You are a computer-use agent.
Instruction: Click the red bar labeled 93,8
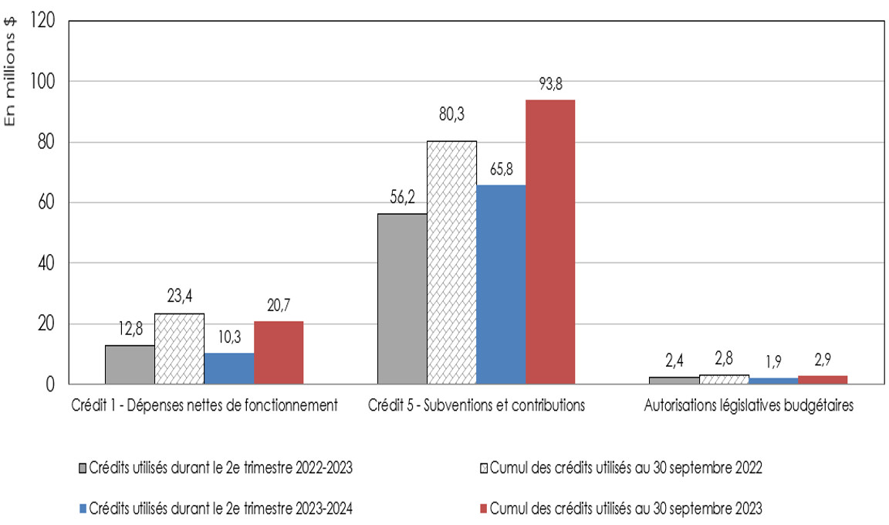click(x=550, y=242)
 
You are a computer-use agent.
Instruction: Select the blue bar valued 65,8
click(x=501, y=284)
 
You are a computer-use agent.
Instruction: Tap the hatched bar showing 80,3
click(x=451, y=262)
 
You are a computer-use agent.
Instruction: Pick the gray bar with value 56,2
click(x=402, y=298)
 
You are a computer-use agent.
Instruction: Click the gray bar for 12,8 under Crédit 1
click(x=130, y=364)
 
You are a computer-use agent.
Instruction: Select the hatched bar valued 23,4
click(x=179, y=348)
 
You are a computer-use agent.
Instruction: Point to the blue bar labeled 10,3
click(x=228, y=368)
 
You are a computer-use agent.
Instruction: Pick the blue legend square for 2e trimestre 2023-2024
click(x=82, y=508)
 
